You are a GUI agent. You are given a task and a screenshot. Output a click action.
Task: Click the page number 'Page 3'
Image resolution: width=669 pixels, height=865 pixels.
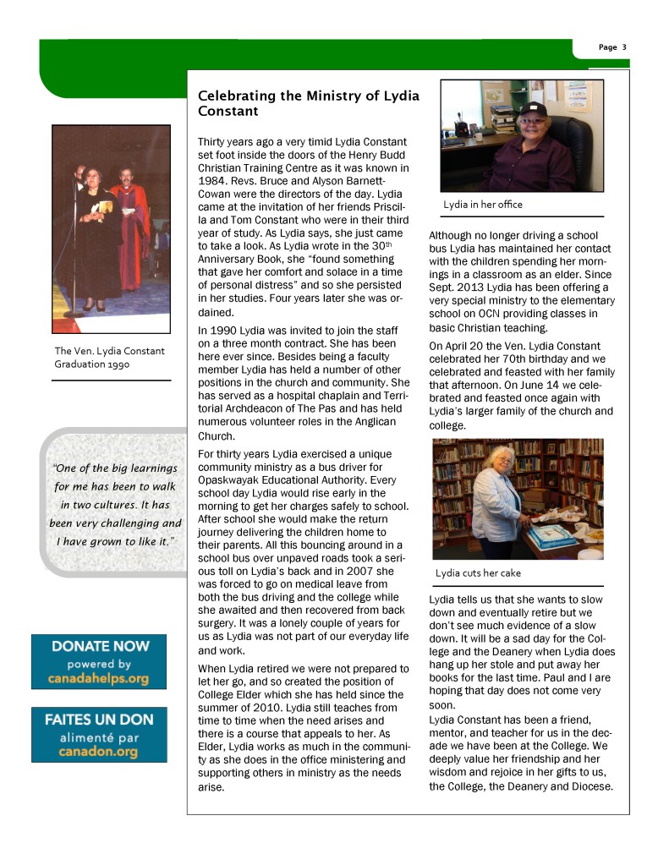pos(612,47)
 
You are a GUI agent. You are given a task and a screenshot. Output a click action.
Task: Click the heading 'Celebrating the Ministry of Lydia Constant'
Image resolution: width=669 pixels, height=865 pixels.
pos(308,103)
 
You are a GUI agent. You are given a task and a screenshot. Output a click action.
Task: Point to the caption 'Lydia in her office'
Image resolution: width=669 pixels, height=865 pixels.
pos(483,205)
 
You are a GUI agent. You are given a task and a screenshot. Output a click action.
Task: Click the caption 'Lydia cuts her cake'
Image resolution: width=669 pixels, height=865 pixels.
pos(478,572)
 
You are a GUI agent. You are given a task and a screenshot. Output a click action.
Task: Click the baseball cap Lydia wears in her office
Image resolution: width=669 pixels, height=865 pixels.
pos(532,110)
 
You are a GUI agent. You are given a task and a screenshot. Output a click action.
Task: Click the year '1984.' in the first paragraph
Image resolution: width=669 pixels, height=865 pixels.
pos(211,180)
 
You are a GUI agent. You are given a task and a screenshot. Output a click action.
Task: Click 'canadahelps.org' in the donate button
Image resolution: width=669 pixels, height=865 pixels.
pos(100,678)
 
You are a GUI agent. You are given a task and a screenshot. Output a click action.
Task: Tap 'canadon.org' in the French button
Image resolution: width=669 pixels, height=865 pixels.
pos(99,752)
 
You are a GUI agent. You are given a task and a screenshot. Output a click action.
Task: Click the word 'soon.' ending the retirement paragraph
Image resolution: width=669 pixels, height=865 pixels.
pos(442,704)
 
